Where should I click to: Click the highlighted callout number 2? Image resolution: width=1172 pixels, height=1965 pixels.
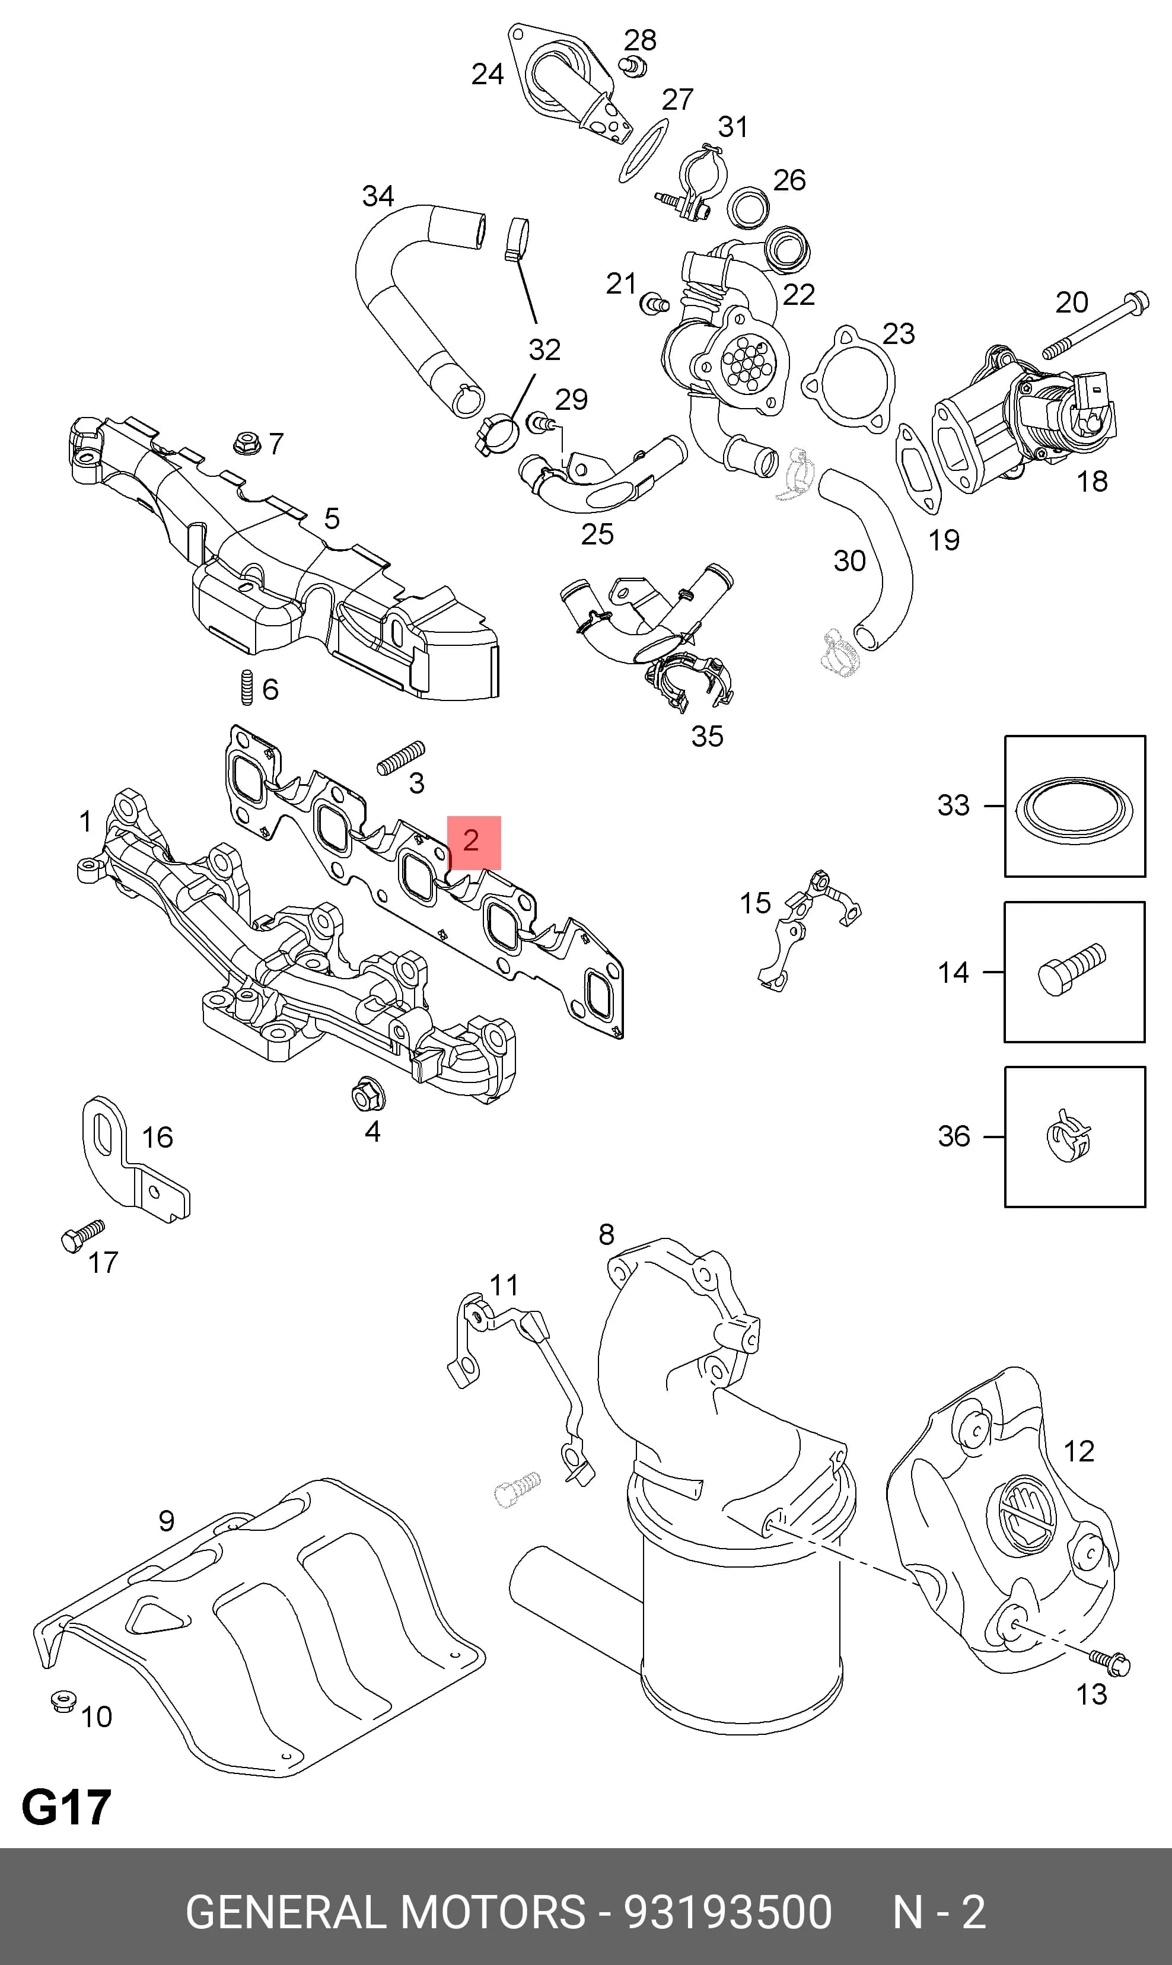[471, 840]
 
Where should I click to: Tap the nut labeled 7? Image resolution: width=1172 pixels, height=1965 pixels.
[247, 443]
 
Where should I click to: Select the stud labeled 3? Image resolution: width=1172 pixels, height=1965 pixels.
[400, 757]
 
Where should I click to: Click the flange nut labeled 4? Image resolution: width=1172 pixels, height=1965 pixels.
[368, 1094]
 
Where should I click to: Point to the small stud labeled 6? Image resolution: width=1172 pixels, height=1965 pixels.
[246, 687]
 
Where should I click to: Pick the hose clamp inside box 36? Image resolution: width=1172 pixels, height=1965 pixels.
[1068, 1136]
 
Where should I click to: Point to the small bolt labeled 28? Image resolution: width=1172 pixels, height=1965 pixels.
[632, 66]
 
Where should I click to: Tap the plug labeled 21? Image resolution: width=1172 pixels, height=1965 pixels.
[655, 302]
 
